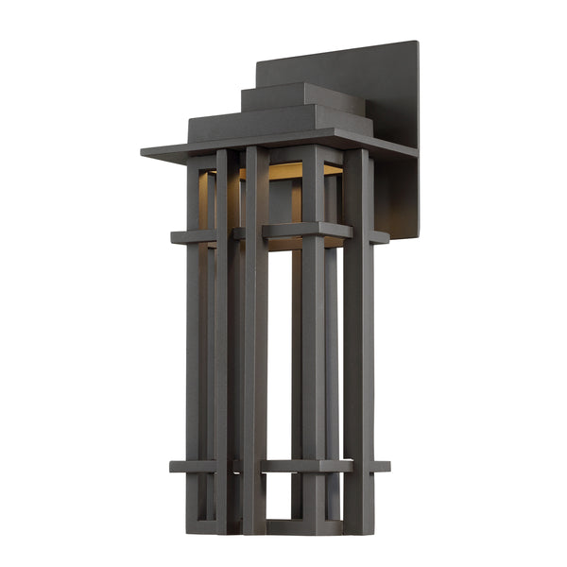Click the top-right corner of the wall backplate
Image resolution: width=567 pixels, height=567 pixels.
pos(417,43)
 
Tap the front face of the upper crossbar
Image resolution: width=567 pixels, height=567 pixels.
pos(307,230)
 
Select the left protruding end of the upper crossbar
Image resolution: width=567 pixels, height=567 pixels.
pos(179,237)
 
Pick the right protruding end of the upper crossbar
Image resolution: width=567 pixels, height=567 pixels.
pos(380,237)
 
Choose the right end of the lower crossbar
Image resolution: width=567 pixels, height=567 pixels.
pos(382,466)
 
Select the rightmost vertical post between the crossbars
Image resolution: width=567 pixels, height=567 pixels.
pos(358,350)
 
